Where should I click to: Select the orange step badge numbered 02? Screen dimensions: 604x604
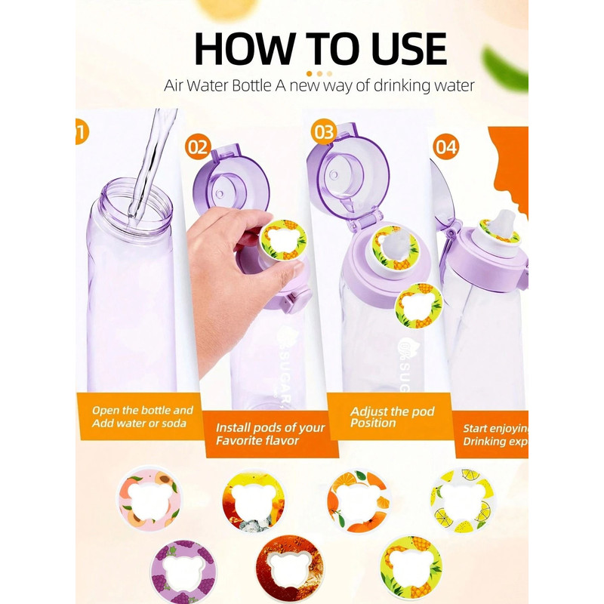(x=198, y=146)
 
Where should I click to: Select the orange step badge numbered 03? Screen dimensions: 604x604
(x=323, y=132)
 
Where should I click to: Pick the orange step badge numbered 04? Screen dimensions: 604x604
(x=446, y=147)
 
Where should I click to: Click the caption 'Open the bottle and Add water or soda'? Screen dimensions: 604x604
(x=141, y=416)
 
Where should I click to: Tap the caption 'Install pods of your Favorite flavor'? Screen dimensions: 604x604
(x=270, y=433)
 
